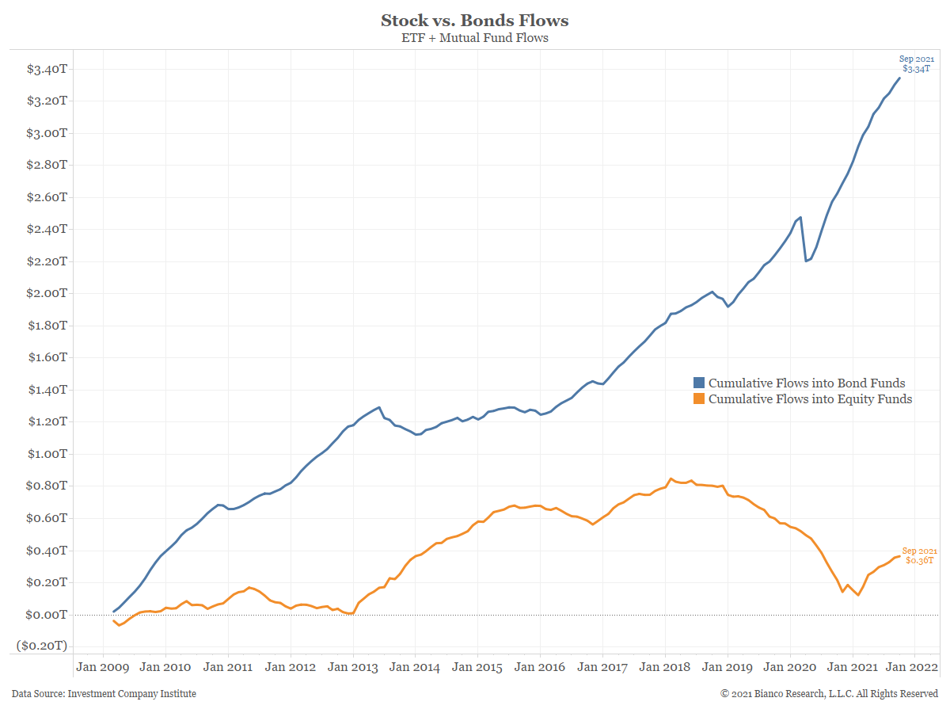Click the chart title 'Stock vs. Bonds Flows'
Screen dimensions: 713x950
pyautogui.click(x=474, y=20)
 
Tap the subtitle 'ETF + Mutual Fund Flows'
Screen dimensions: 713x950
pyautogui.click(x=474, y=37)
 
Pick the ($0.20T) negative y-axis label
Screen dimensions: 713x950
pyautogui.click(x=42, y=646)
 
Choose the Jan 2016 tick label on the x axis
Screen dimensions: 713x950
pyautogui.click(x=540, y=667)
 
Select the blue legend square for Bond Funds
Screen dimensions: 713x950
pyautogui.click(x=698, y=383)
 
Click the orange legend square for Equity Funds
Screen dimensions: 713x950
pyautogui.click(x=698, y=399)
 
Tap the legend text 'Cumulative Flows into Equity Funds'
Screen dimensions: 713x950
pyautogui.click(x=810, y=399)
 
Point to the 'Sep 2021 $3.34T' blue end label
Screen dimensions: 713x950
pyautogui.click(x=917, y=64)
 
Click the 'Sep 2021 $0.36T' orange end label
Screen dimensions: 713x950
pyautogui.click(x=920, y=555)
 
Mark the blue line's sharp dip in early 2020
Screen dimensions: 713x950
pyautogui.click(x=806, y=261)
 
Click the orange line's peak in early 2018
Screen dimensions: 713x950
pyautogui.click(x=671, y=479)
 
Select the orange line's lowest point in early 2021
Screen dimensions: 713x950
pyautogui.click(x=858, y=595)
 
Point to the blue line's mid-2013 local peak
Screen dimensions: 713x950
pyautogui.click(x=380, y=407)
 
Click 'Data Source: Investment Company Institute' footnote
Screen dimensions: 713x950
pyautogui.click(x=104, y=694)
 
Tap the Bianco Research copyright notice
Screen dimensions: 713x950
pyautogui.click(x=829, y=694)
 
